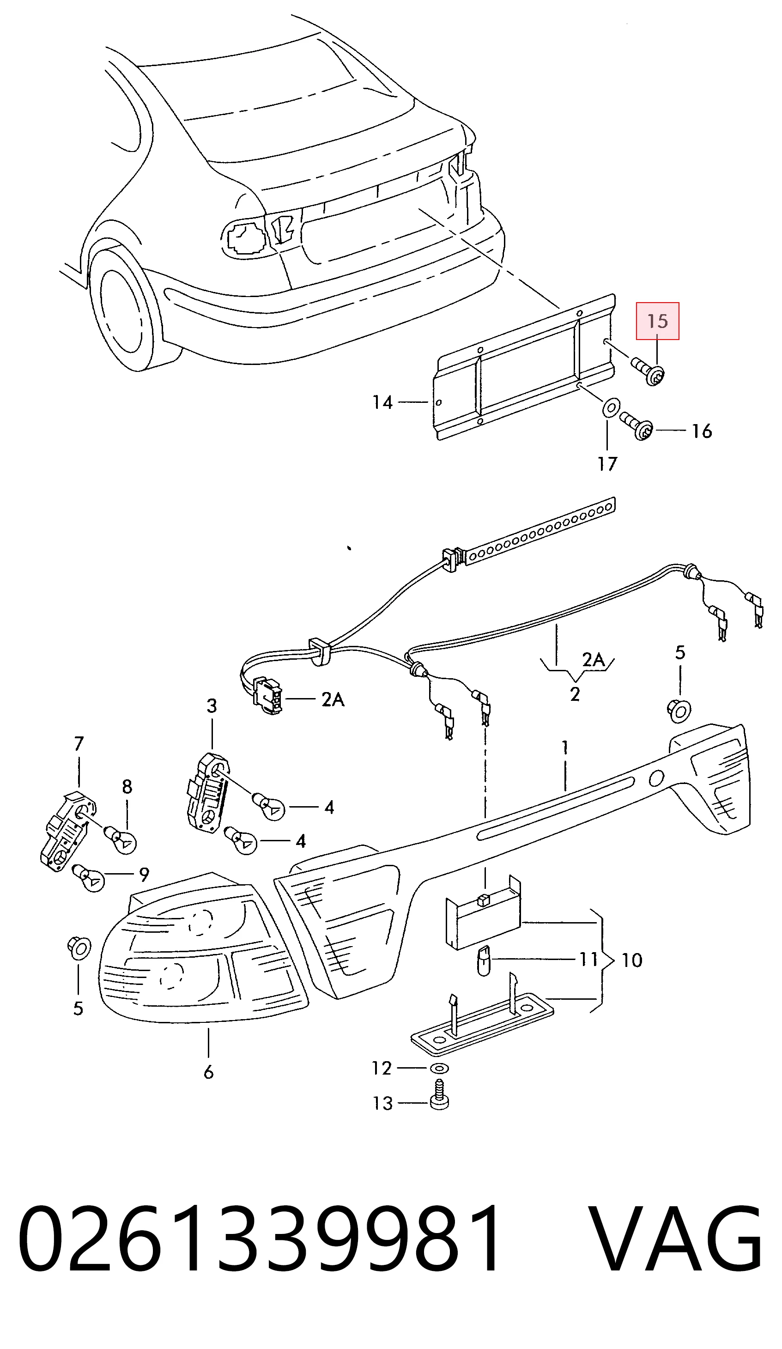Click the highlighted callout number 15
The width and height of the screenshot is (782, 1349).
point(657,321)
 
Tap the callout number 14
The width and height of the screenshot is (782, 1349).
point(382,402)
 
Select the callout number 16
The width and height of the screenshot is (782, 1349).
point(702,431)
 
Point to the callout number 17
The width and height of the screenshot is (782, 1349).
point(607,463)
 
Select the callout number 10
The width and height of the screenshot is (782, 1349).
point(631,960)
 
